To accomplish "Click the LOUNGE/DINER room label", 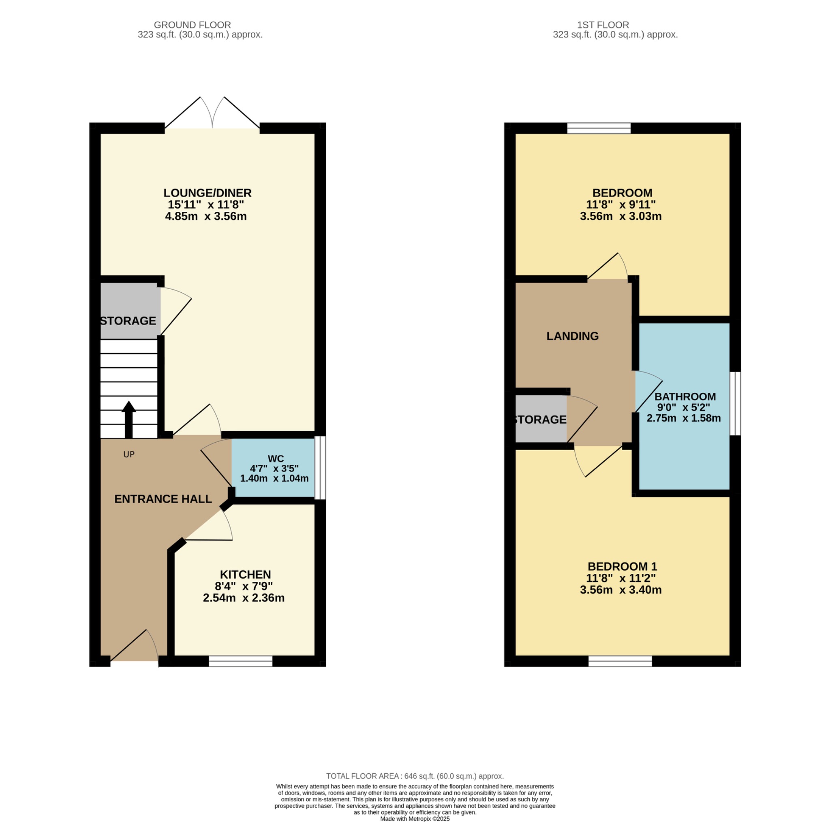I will [x=207, y=193].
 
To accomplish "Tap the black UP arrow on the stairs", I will [x=128, y=419].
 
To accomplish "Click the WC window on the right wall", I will [x=320, y=467].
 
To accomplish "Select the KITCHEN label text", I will [x=245, y=574].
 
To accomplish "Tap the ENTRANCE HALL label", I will [x=163, y=499].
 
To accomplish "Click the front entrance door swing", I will [x=135, y=646].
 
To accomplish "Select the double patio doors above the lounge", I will [x=212, y=113].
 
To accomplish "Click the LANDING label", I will [x=572, y=336].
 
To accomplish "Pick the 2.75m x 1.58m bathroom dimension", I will [x=684, y=418].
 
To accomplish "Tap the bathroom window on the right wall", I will [x=735, y=403].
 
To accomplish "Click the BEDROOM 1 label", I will [x=622, y=566].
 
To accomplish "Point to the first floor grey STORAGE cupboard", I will [x=541, y=419].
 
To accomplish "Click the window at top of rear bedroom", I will [x=599, y=128].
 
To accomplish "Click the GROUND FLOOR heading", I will [x=192, y=25].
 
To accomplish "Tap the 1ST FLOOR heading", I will [x=603, y=25].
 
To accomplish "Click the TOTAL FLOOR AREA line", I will [x=415, y=776].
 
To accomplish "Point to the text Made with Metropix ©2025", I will [x=415, y=819].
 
